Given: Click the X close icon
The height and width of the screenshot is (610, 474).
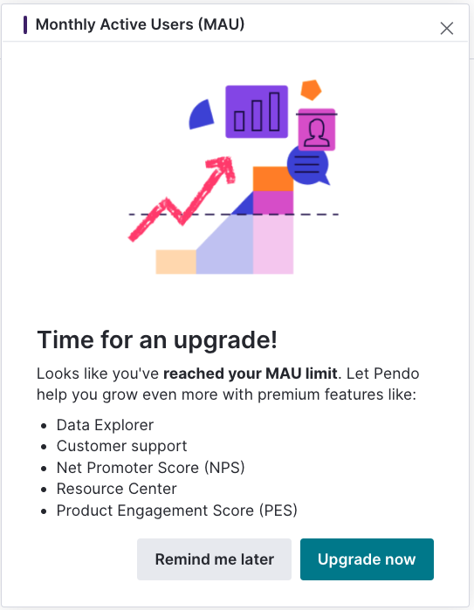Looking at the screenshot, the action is (x=446, y=28).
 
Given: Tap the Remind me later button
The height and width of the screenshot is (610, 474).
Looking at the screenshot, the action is (x=214, y=559).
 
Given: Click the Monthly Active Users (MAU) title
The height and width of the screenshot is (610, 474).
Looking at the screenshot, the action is (x=140, y=24).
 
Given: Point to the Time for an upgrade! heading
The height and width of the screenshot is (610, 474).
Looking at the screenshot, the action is (x=157, y=339).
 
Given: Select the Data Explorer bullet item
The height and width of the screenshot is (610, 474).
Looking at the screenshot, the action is (x=105, y=425).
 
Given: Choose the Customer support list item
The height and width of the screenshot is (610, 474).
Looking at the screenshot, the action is (x=122, y=446).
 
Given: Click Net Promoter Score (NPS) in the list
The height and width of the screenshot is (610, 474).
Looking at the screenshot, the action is (x=151, y=468).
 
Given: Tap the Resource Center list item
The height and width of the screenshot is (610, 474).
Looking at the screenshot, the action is (x=117, y=489).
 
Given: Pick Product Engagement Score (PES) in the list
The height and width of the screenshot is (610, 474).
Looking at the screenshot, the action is (x=177, y=511).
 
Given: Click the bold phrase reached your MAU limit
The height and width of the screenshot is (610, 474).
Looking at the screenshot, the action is (x=251, y=374).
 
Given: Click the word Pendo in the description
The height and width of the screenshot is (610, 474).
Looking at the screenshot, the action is (x=396, y=374).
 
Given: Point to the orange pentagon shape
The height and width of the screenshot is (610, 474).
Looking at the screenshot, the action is (x=311, y=90).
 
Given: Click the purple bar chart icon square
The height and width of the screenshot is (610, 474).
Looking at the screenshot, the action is (x=257, y=112).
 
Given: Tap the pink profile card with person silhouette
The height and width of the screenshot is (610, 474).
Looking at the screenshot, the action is (x=317, y=130).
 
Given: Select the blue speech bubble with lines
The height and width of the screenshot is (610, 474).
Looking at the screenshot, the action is (x=308, y=165).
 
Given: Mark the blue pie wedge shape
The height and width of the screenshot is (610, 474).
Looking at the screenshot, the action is (x=202, y=115).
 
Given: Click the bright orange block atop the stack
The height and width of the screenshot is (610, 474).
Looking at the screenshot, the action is (x=273, y=179).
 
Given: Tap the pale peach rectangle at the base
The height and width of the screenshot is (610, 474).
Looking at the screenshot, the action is (x=176, y=262).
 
